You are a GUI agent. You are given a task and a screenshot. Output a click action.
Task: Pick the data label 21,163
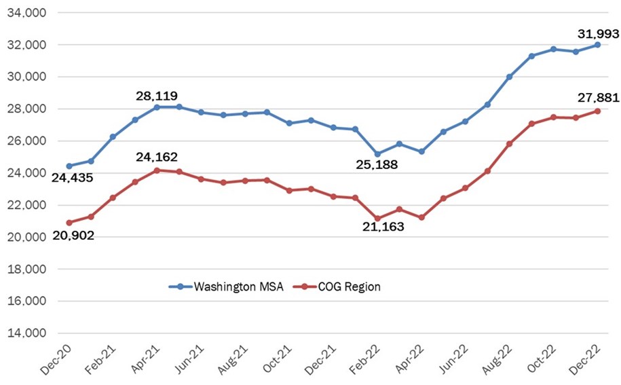381,227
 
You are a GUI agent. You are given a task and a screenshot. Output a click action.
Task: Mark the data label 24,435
71,177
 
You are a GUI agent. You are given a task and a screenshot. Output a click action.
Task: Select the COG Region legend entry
339,287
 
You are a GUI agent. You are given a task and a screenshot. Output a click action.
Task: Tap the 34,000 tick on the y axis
24,13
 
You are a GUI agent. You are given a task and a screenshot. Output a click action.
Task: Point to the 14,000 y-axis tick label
24,333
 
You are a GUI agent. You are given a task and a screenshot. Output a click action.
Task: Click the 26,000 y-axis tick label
24,141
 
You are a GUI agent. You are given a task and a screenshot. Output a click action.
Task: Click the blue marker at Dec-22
597,45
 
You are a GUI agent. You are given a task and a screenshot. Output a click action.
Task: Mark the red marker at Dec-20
69,223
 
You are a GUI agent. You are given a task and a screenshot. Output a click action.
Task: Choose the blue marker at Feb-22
377,154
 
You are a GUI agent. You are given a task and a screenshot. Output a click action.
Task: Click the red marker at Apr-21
157,170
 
